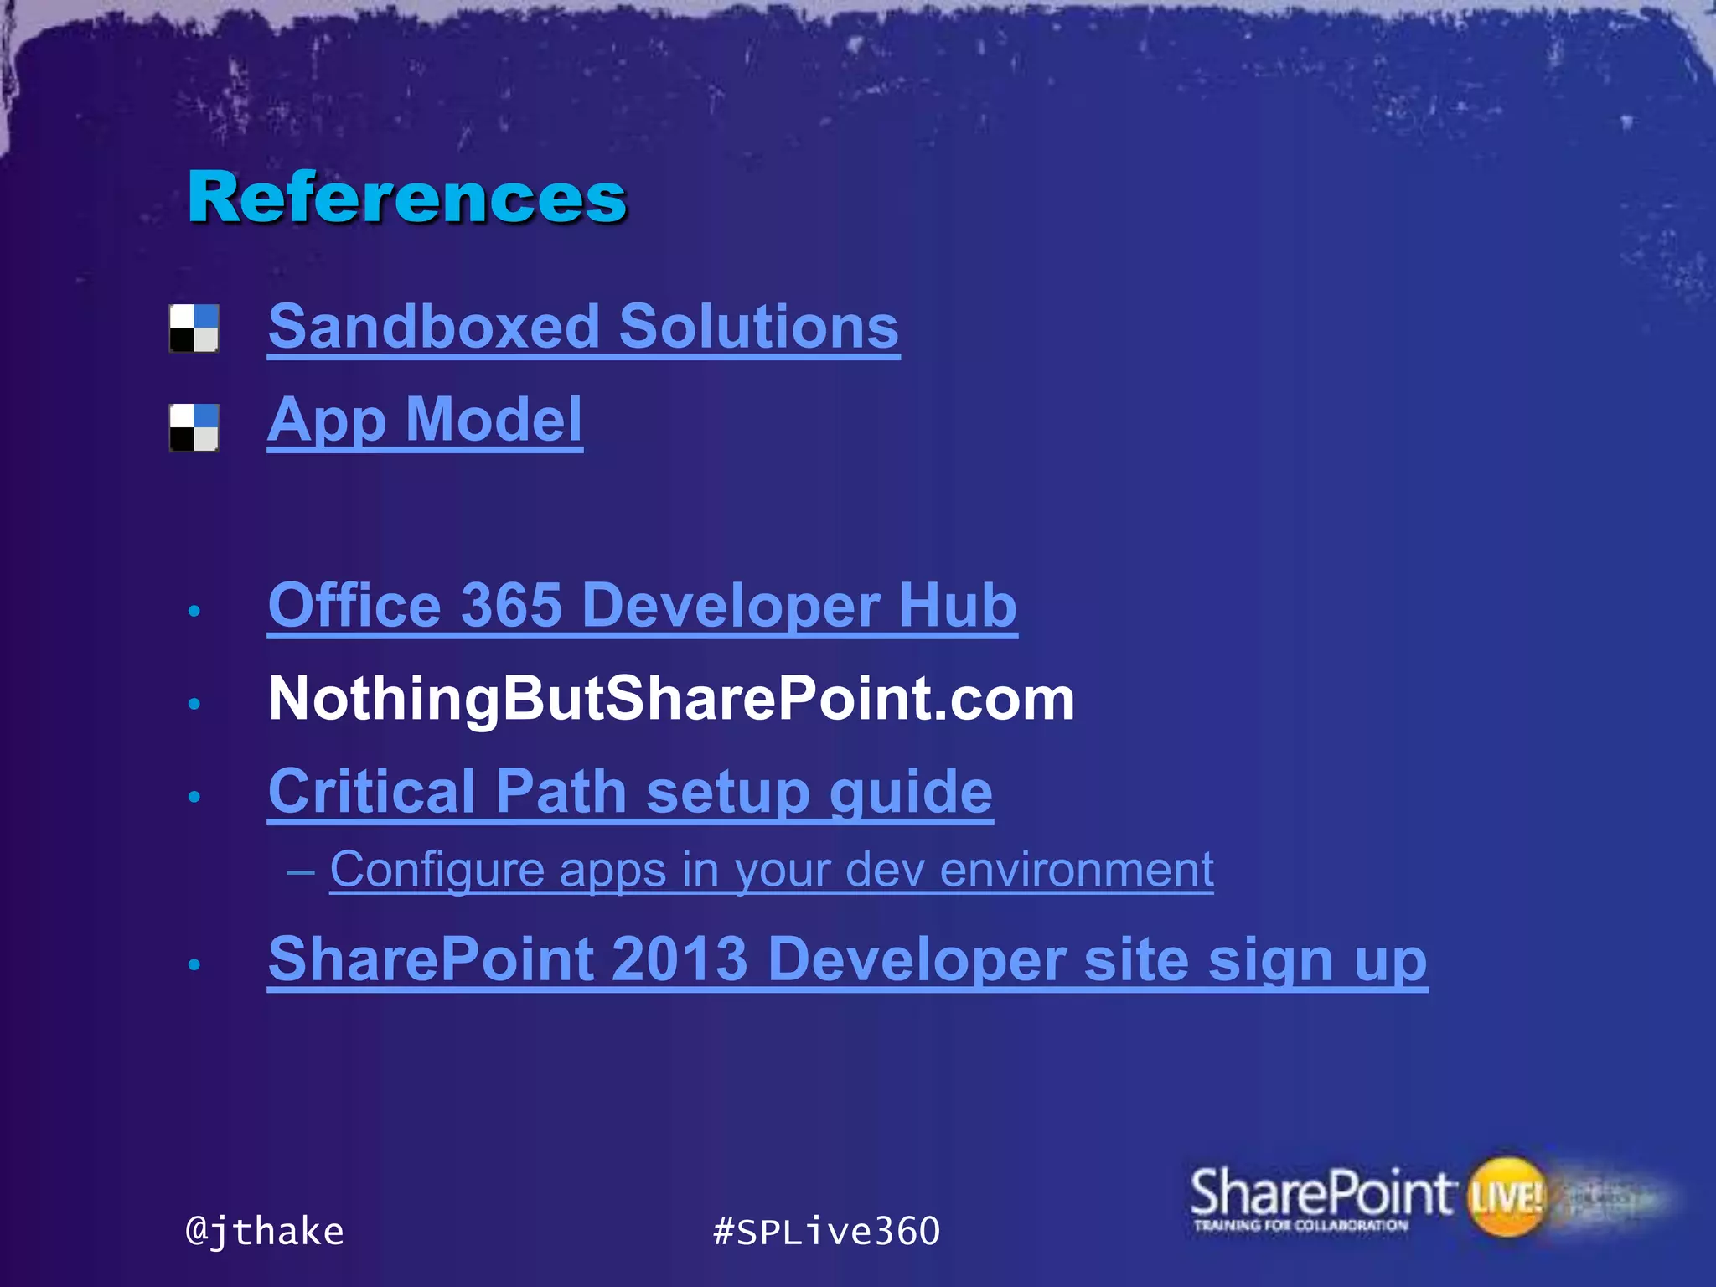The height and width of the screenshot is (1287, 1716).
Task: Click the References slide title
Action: [x=407, y=198]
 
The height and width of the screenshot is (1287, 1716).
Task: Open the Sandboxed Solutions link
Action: [x=583, y=327]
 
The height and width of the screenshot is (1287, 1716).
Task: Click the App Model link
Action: [x=425, y=420]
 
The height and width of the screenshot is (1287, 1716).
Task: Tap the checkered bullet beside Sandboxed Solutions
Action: [x=194, y=328]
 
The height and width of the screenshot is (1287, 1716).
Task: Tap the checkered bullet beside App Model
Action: [x=194, y=427]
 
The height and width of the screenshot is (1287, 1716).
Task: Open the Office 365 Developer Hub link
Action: [x=642, y=605]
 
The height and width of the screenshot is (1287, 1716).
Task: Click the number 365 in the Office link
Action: [x=511, y=605]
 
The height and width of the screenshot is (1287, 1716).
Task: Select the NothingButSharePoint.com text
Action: [x=670, y=699]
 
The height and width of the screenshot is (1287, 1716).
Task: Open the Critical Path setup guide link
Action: [x=630, y=791]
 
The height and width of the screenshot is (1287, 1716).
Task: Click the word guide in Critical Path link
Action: [x=911, y=793]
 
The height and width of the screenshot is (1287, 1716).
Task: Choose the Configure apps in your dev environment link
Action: [x=771, y=870]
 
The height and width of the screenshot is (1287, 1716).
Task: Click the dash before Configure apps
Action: [x=301, y=871]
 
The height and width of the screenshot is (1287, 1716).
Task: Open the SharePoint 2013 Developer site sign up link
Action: [x=847, y=959]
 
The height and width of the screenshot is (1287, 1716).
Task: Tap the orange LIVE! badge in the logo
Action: [x=1506, y=1197]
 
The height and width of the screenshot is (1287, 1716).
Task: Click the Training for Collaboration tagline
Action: [x=1300, y=1226]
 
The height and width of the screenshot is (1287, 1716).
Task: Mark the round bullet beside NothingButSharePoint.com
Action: [x=194, y=704]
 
